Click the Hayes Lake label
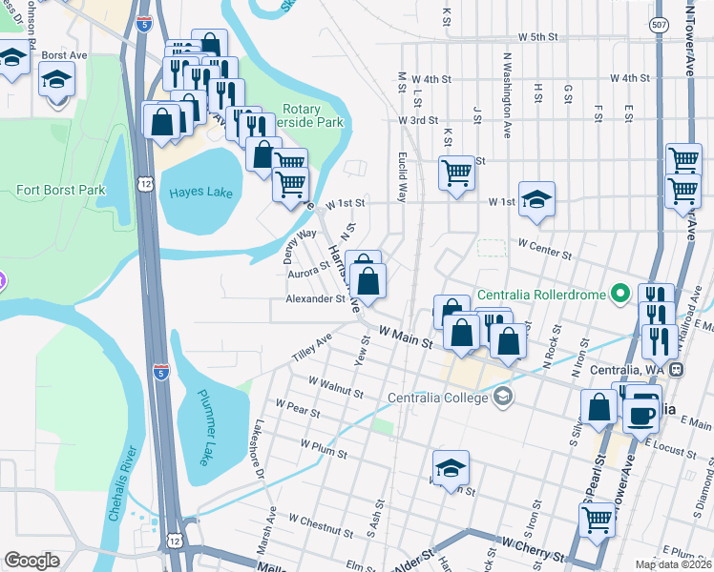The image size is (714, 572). coord(200,193)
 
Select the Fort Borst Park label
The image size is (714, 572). coord(60,190)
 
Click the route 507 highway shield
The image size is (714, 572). coord(660,27)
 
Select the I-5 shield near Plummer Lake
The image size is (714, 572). coord(161,370)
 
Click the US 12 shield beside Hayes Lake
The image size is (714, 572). coord(144,183)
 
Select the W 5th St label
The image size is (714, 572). coord(537,37)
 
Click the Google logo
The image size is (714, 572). coord(32,561)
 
